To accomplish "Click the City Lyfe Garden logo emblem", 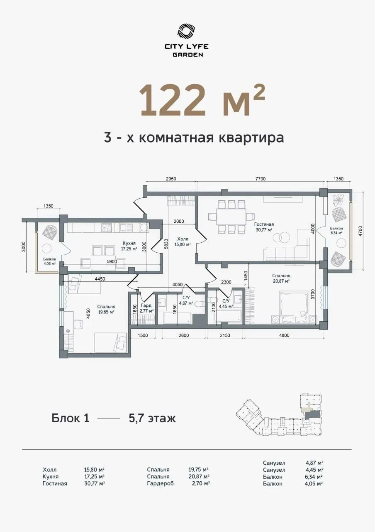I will pos(187,31).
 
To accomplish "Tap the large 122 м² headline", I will pos(202,100).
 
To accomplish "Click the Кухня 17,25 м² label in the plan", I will pos(129,246).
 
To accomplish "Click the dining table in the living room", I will pos(232,217).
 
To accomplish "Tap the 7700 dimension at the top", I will pos(260,179).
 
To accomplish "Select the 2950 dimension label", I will pos(171,179).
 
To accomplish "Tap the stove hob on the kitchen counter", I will pos(107,227).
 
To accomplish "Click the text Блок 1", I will pos(71,418).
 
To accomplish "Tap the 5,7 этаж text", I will pos(152,418).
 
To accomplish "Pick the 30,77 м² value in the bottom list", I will pos(94,483).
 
